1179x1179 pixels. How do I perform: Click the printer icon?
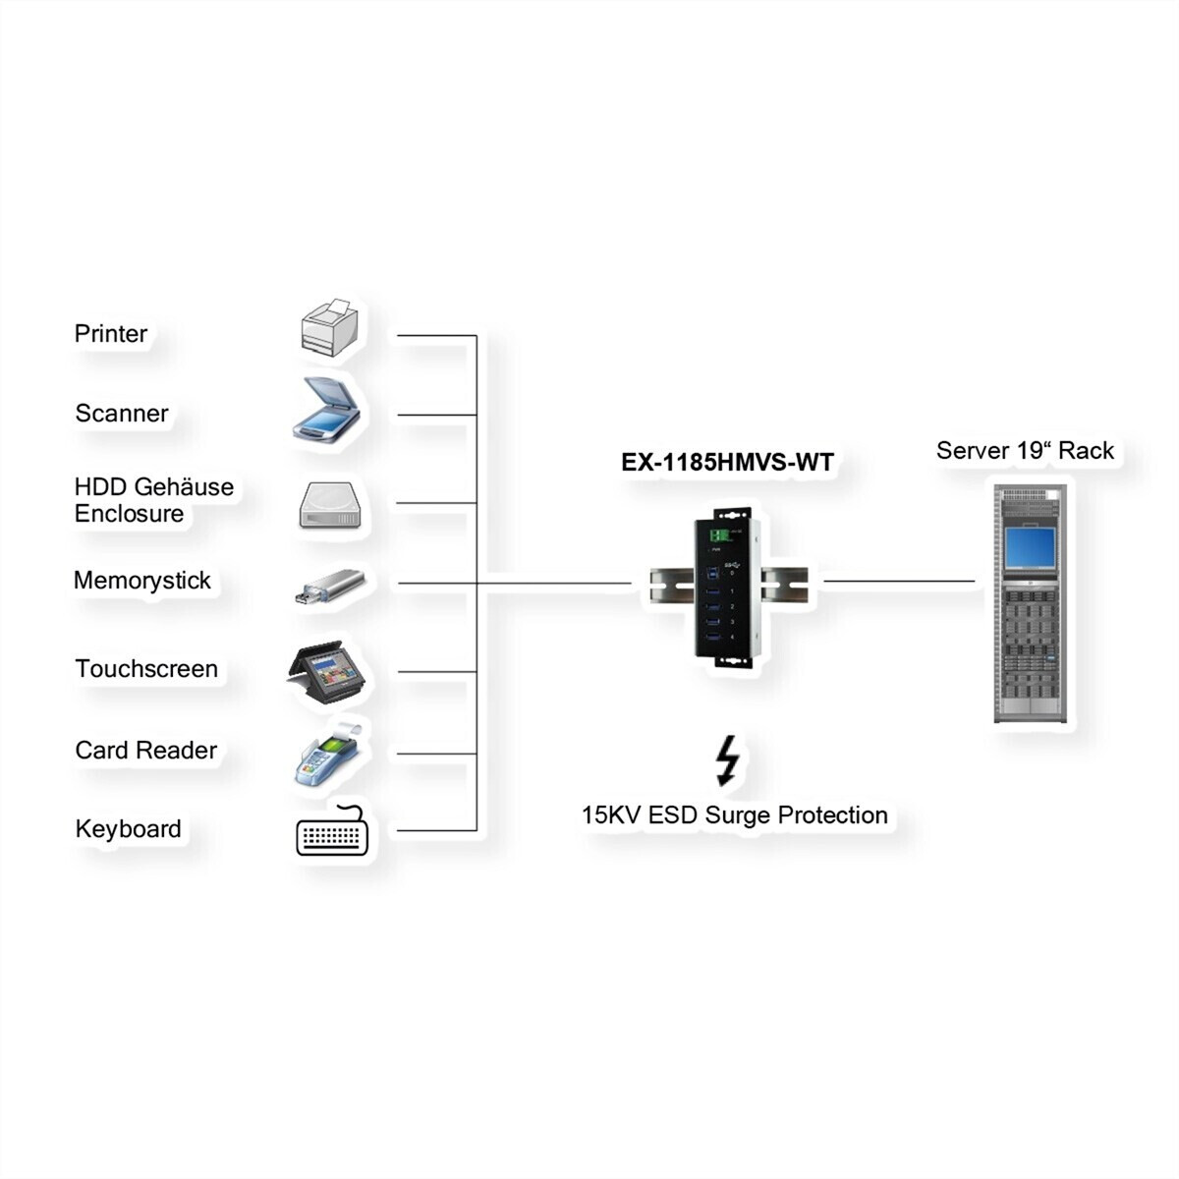tap(329, 328)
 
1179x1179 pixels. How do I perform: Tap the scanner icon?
tap(325, 410)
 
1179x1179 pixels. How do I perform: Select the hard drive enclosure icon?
tap(330, 505)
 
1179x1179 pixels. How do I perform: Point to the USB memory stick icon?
tap(330, 587)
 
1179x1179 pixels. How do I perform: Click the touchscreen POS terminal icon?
tap(326, 672)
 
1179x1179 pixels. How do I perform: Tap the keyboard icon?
tap(332, 831)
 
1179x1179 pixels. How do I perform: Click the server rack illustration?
tap(1031, 603)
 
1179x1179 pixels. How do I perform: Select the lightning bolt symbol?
tap(727, 760)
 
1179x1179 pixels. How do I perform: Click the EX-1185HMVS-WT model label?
tap(727, 462)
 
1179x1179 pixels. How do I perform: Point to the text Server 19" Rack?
tap(1025, 450)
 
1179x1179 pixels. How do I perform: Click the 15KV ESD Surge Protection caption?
tap(734, 815)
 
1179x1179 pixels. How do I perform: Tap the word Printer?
tap(111, 333)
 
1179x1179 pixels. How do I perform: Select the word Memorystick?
tap(141, 581)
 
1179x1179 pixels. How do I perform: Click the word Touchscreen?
tap(146, 669)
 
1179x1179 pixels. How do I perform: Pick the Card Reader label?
tap(145, 750)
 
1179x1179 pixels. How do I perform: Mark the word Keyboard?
tap(128, 829)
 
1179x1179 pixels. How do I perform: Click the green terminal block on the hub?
tap(719, 535)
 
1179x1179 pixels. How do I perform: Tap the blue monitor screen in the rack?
tap(1031, 547)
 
